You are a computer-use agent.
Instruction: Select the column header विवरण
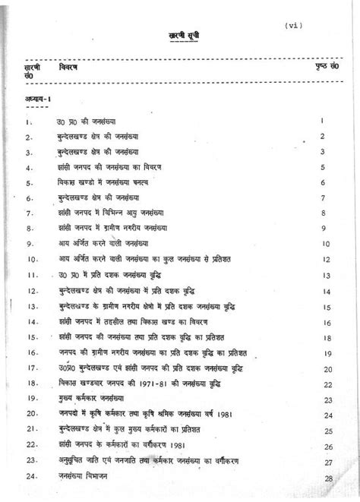(69, 67)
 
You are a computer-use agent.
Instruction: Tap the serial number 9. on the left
(30, 245)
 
